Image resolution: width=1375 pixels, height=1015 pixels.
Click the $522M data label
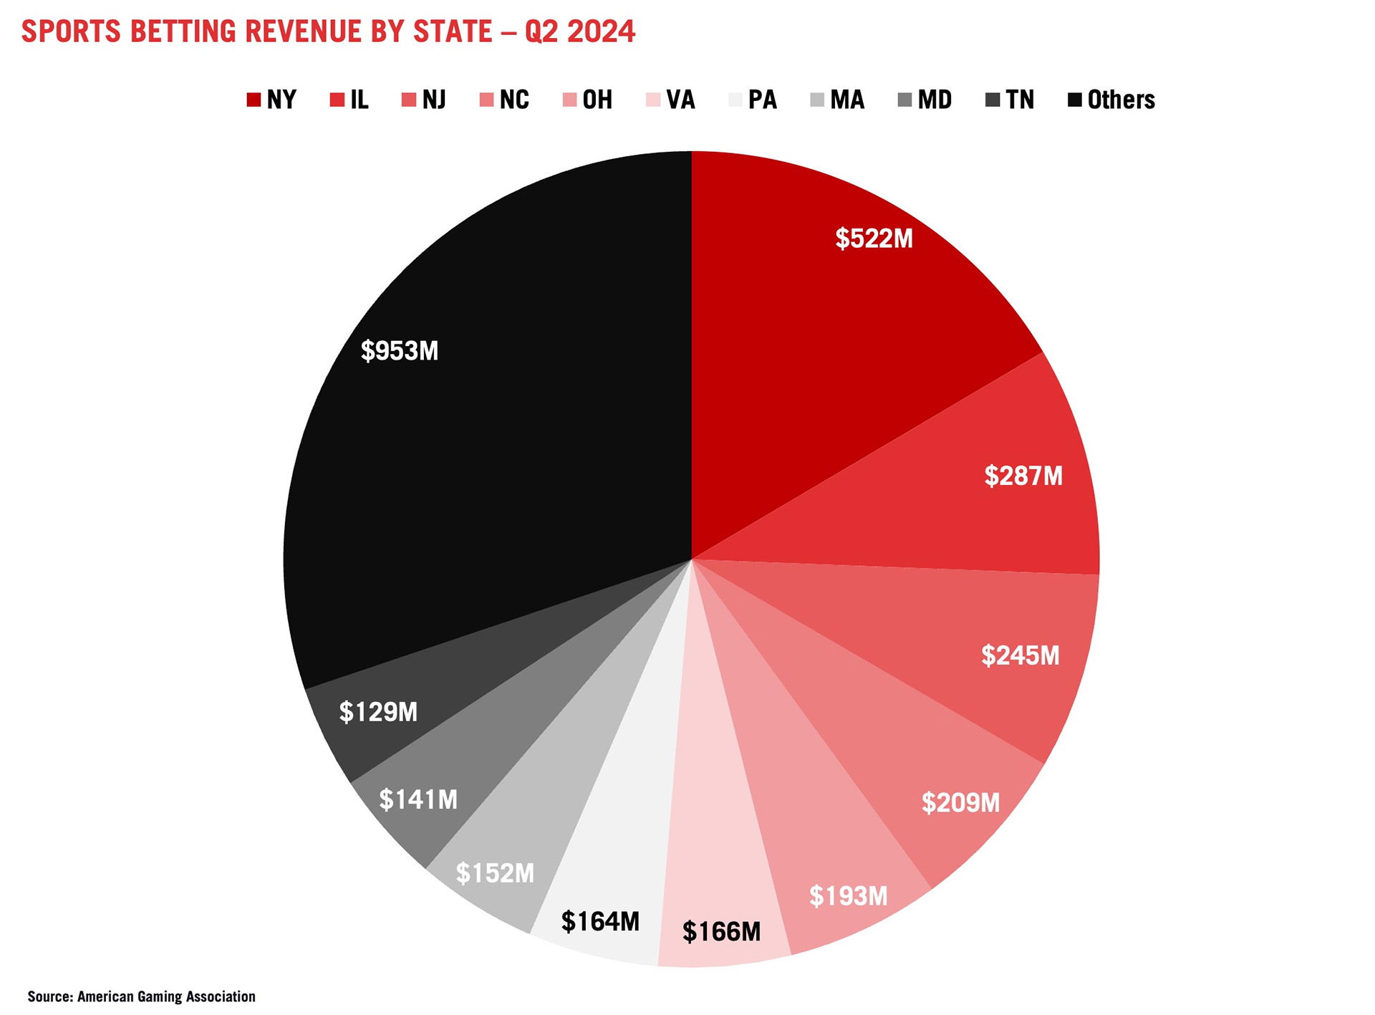(874, 239)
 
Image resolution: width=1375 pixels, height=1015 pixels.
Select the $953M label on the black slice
(400, 350)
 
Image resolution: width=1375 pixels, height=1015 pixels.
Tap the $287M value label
(1023, 476)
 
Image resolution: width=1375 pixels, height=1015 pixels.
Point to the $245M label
(1020, 655)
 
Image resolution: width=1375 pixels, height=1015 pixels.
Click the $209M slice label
(960, 802)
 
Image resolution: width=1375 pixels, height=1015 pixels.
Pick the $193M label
(848, 895)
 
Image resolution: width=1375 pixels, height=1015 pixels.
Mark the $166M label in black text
(721, 931)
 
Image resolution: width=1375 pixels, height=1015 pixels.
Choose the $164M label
(600, 921)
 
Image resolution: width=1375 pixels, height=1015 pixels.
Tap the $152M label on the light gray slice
(495, 873)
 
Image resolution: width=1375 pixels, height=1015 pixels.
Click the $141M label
(418, 799)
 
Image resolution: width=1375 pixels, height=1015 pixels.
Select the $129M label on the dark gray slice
(378, 711)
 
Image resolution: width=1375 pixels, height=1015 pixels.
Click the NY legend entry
(271, 100)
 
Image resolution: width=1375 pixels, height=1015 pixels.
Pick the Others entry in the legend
(1111, 100)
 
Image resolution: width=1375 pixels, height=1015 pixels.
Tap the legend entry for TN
(1010, 100)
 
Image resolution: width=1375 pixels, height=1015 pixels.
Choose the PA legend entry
(753, 100)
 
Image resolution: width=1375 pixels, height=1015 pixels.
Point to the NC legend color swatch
(486, 100)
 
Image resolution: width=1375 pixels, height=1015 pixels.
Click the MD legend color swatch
(904, 100)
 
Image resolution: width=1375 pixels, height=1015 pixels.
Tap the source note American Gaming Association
(166, 996)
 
